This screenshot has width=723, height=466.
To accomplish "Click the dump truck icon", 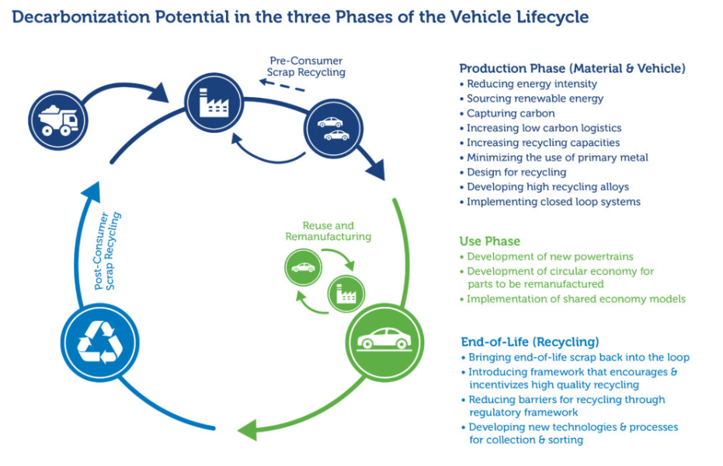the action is [58, 120].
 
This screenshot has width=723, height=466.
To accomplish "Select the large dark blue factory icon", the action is [214, 103].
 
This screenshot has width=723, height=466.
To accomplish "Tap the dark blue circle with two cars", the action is [334, 129].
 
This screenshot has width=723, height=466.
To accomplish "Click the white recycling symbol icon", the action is [99, 343].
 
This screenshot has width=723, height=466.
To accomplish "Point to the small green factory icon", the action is [346, 294].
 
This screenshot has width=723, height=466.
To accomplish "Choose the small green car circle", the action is [303, 267].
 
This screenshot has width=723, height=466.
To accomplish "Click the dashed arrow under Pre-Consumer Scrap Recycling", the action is [282, 85].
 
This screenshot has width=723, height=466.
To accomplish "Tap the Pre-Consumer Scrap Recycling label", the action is [306, 66].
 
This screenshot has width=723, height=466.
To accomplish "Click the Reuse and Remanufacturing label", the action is [328, 231].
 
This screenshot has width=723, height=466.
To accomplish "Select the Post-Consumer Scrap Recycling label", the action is [107, 251].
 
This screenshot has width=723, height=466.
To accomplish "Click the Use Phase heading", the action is [490, 241].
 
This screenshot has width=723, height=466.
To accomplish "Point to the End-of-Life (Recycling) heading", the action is [530, 342].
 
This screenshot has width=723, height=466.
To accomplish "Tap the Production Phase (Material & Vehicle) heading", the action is [572, 68].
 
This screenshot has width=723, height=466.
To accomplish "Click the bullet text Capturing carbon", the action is [510, 113].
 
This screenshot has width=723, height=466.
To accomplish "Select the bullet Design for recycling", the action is [516, 172].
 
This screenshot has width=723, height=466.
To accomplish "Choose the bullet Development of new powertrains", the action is [550, 256].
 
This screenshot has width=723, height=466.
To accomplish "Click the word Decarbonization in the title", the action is [81, 17].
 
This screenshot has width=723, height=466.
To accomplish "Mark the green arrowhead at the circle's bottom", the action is [248, 429].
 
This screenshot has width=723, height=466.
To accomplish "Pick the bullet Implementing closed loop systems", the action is [554, 202].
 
